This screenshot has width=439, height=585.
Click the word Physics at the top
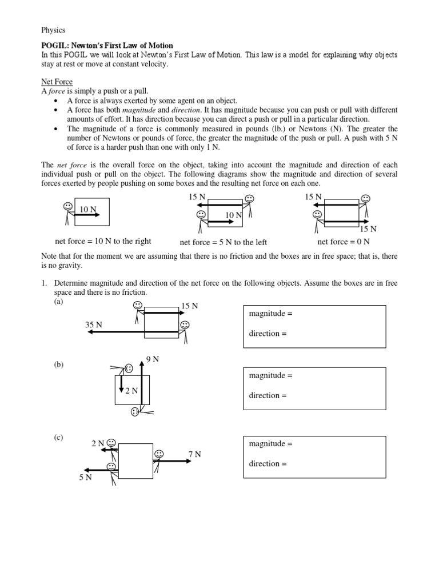53,30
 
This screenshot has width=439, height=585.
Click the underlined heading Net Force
57,82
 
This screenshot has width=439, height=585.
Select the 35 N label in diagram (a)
94,324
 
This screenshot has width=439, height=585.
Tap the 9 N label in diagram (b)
153,359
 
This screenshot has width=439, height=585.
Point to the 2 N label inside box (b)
131,390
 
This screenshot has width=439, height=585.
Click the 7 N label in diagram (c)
194,454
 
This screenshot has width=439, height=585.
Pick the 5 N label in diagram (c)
85,477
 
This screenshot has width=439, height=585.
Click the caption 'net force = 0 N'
344,241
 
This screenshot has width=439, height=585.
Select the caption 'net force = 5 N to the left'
223,242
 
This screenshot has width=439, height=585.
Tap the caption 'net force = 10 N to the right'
103,241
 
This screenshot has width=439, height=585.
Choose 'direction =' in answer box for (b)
268,395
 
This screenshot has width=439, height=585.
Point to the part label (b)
59,365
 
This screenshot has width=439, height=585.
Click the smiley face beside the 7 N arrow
159,454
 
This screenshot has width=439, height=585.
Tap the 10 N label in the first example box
87,209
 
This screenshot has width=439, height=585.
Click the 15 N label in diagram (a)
190,306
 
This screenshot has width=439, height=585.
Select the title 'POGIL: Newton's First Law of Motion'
107,45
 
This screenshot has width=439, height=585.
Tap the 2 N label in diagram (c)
98,443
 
